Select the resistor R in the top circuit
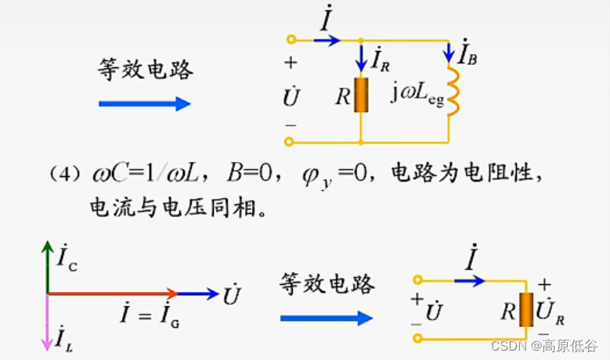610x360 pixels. pos(361,95)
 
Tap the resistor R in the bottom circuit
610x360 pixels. pos(526,310)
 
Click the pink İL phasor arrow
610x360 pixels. pos(48,321)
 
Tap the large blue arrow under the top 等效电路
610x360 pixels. pos(145,103)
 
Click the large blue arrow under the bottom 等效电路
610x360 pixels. pos(326,318)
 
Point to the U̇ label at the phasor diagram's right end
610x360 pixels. pos(232,296)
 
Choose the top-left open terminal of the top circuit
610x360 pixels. pos(291,39)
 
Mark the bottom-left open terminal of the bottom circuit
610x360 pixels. pos(418,339)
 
